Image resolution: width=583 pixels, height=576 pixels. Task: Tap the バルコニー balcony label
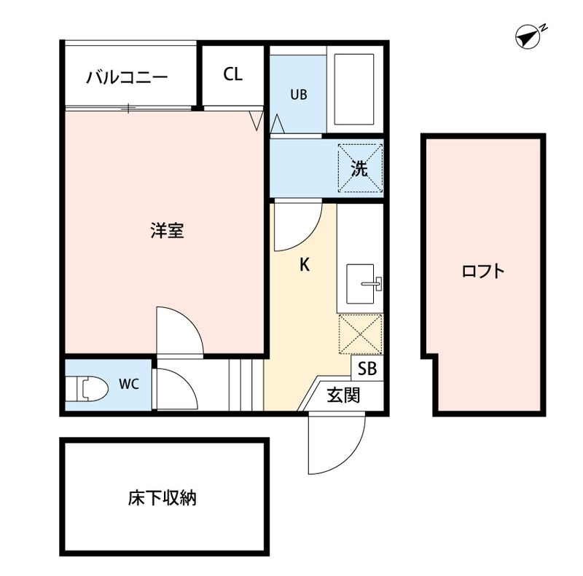point(127,76)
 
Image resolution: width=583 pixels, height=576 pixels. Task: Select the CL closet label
point(232,74)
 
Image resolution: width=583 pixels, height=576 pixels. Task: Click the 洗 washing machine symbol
point(359,167)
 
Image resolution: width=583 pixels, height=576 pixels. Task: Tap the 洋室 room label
point(166,232)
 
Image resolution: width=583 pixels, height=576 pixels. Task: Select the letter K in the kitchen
point(305,265)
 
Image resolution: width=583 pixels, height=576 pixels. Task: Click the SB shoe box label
point(367,369)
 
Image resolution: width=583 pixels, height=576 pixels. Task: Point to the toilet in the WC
point(85,388)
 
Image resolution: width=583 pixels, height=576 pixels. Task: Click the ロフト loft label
point(483,272)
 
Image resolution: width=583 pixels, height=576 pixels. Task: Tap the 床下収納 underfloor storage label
point(163,499)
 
